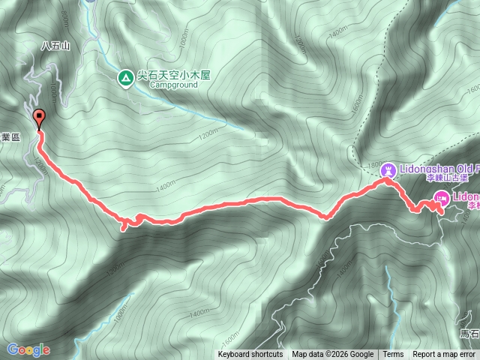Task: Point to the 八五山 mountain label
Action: (55, 46)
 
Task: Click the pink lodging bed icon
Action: (441, 198)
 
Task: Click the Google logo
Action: (28, 349)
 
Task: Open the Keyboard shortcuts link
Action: (250, 355)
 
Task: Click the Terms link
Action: (393, 355)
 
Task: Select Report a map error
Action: (443, 355)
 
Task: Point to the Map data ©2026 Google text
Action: (332, 355)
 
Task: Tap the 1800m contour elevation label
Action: (373, 164)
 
